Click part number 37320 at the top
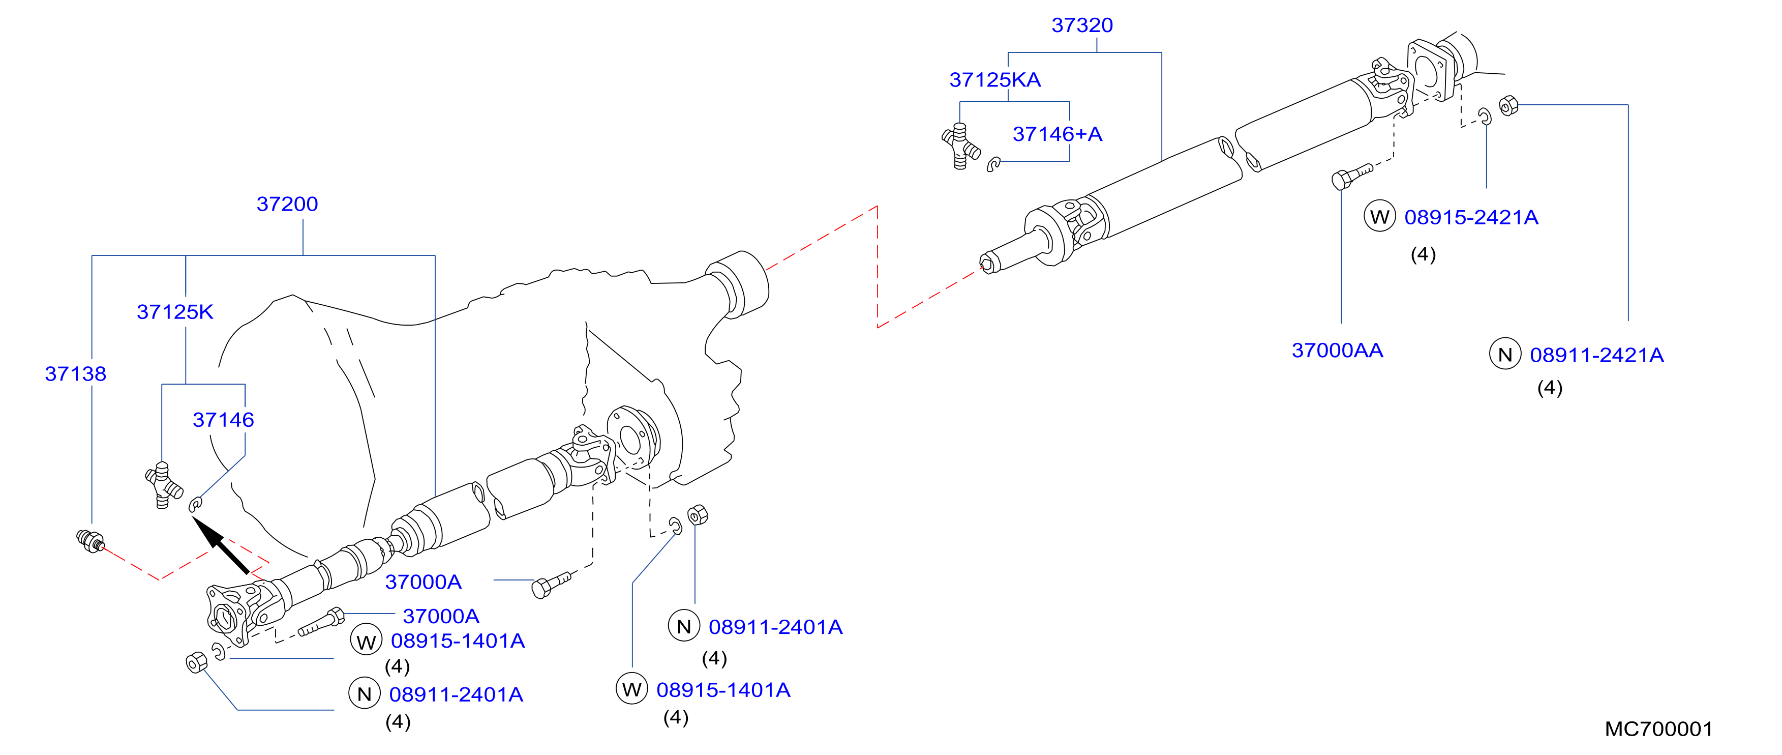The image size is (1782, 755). click(x=1082, y=25)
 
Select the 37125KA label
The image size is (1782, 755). click(x=995, y=79)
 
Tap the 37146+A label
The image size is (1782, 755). click(x=1057, y=134)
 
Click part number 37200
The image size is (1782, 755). click(x=287, y=204)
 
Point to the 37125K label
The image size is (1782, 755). click(x=175, y=312)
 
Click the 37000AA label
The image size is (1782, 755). click(x=1337, y=350)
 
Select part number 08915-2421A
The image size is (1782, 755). click(x=1471, y=217)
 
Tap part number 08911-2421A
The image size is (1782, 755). click(x=1596, y=355)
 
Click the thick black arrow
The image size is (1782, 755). click(x=220, y=545)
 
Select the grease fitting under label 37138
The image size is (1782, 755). click(x=90, y=541)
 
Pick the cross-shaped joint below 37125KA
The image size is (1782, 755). click(x=961, y=146)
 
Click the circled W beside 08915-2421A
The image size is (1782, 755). click(x=1379, y=217)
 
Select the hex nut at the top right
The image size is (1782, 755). click(x=1509, y=106)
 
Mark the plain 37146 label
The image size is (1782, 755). click(x=223, y=420)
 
